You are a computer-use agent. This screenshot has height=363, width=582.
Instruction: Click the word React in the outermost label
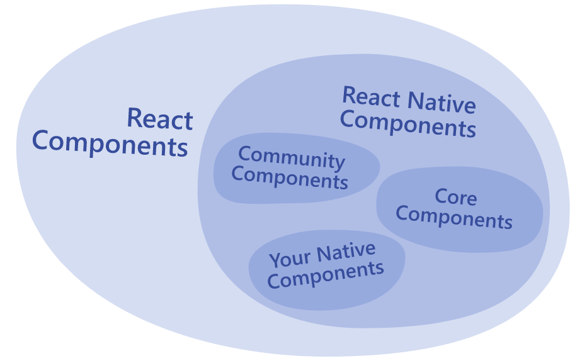click(159, 119)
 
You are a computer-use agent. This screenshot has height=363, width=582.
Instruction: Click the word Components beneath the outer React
click(110, 144)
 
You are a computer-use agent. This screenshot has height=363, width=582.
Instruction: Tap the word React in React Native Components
click(371, 98)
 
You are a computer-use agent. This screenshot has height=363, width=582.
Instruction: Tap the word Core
click(455, 198)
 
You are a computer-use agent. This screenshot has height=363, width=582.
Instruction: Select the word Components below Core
click(454, 218)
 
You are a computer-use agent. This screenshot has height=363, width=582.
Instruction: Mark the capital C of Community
click(244, 153)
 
